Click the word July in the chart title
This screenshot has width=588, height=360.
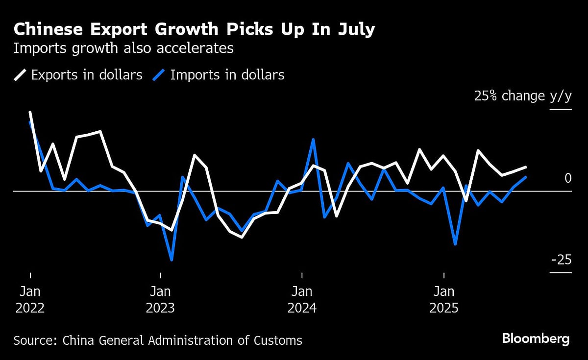point(356,30)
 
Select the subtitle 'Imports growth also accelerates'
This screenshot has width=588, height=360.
point(123,48)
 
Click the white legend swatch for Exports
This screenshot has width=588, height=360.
point(20,75)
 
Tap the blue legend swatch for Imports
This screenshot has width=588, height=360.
point(159,75)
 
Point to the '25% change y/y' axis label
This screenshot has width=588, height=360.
point(522,96)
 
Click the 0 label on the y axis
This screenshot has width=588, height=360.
point(568,178)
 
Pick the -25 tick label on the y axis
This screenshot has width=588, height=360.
point(561,260)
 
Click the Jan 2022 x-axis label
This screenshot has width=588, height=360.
point(30,300)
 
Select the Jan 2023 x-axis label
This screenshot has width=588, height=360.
point(160,300)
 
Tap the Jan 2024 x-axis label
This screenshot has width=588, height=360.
point(302,300)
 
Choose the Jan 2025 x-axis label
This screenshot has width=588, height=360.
point(443,300)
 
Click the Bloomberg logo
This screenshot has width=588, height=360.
point(536,338)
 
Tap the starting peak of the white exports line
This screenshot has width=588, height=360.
point(30,112)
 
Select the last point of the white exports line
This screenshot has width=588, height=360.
point(526,167)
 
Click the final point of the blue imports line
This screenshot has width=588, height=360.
point(526,177)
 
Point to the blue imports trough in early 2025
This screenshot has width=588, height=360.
point(456,244)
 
